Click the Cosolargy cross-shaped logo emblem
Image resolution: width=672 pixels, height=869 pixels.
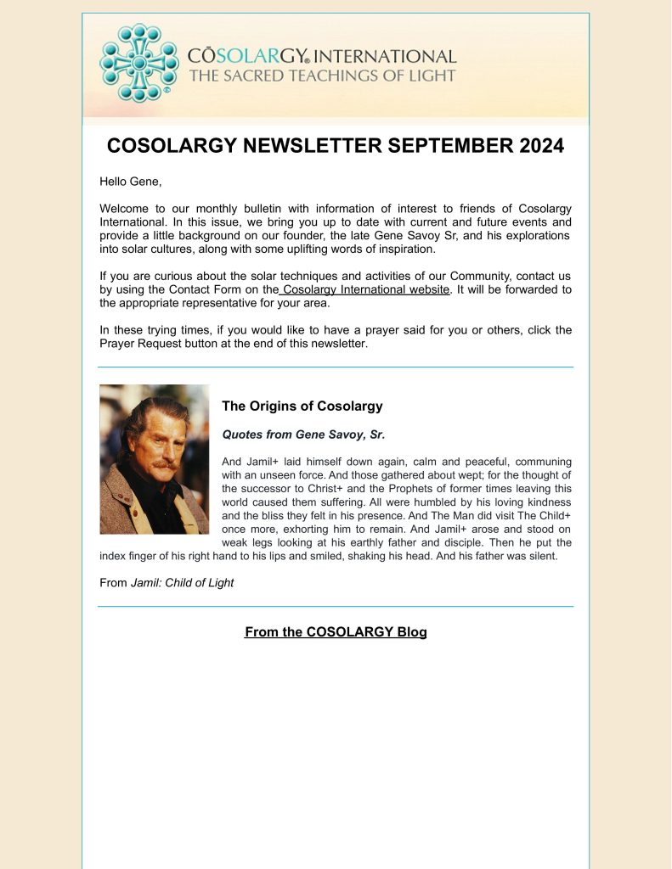[x=139, y=62]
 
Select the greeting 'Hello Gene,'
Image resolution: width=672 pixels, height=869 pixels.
[x=130, y=182]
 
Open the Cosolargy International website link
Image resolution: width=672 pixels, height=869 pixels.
[x=365, y=289]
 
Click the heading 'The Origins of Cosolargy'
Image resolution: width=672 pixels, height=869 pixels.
[x=302, y=406]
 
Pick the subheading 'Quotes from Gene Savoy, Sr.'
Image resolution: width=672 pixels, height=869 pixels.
[x=303, y=434]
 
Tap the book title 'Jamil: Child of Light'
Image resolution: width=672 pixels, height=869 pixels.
[x=182, y=583]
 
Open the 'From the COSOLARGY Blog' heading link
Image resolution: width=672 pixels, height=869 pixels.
[x=336, y=632]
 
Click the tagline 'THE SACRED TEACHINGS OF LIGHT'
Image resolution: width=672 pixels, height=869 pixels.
[x=322, y=76]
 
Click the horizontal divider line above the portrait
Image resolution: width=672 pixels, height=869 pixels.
[x=336, y=367]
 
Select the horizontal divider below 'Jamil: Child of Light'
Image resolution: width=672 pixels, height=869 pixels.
[x=336, y=607]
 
